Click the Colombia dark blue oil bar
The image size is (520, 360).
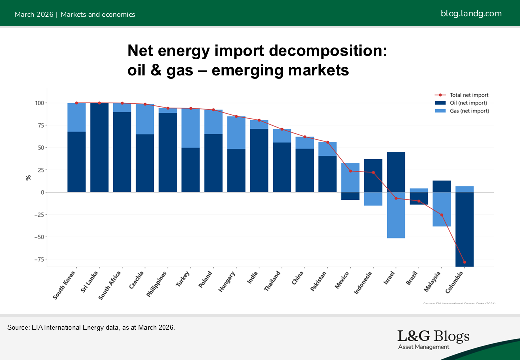tap(464, 229)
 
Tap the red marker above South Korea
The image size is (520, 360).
tap(76, 103)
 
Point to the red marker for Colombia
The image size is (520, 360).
tap(464, 262)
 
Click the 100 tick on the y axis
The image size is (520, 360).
tap(40, 103)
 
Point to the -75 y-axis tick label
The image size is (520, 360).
tap(39, 259)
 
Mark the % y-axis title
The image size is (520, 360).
tap(28, 177)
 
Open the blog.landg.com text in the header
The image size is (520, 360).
tap(471, 13)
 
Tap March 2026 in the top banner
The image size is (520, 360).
tap(34, 14)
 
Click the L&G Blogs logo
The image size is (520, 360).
tap(433, 339)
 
